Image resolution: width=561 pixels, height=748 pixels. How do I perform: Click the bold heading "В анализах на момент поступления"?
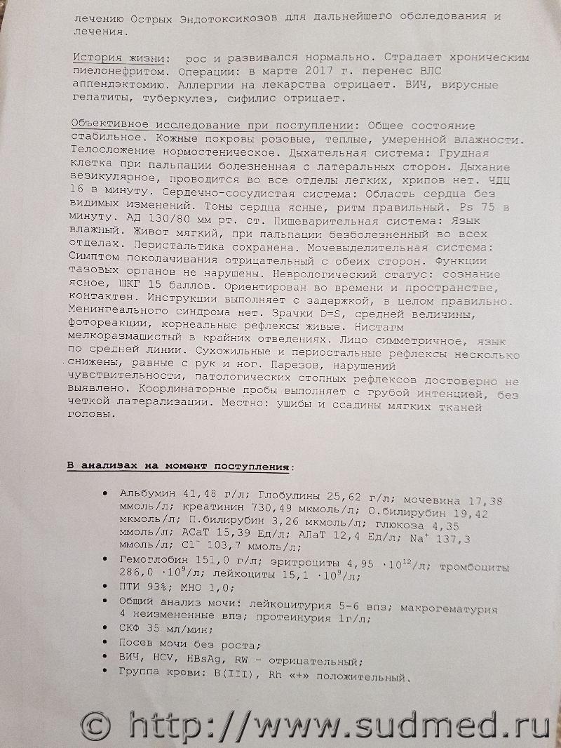pos(179,466)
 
